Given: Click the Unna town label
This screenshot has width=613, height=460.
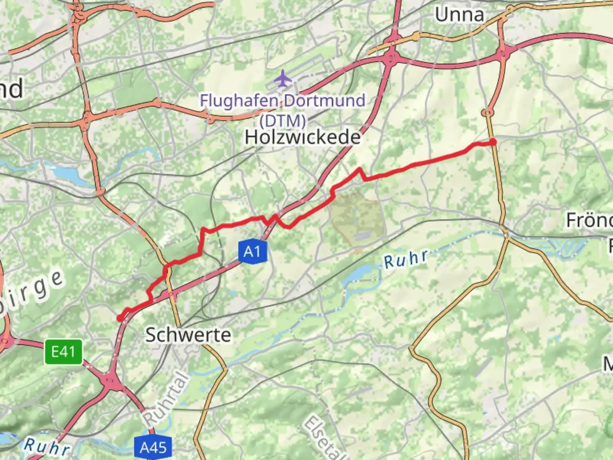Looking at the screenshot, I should coord(459,15).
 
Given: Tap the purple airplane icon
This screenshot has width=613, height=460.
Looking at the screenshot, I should coord(282,79).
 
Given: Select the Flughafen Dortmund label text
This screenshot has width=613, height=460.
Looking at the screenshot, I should coord(283,101).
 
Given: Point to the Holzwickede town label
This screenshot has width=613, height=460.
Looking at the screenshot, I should coord(303,137).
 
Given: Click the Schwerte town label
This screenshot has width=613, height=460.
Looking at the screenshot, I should coord(188,335).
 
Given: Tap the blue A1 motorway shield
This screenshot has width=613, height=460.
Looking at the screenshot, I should coord(252,251).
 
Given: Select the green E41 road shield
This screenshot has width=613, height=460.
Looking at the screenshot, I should coord(63,352).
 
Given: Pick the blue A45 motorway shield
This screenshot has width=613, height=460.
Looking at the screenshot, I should coord(153,447).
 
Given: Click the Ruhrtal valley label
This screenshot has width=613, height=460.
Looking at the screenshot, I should coord(166,399).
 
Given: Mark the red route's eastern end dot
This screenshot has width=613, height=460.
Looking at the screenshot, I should coord(493,142).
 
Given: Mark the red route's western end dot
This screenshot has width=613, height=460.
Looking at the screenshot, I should coord(120,318).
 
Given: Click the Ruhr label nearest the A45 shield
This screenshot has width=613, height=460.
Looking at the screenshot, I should coord(47,447).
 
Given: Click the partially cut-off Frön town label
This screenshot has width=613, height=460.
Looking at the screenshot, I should coord(589,221).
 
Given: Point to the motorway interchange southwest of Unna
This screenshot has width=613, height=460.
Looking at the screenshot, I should coord(390,57).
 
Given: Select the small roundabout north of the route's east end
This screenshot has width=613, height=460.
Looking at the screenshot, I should coord(487,112).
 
